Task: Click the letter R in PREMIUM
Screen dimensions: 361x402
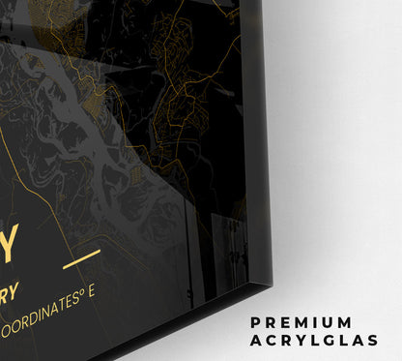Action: click(274, 321)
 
